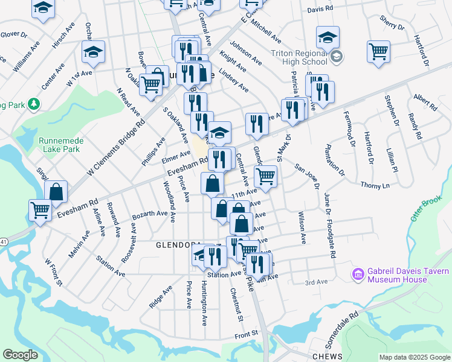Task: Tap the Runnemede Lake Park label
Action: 59,144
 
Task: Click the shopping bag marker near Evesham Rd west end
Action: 56,192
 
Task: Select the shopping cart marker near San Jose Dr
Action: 265,176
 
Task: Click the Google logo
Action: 20,355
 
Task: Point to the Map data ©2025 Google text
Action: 415,357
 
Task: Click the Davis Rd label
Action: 320,9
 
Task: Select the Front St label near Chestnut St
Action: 247,332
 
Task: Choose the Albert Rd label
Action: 425,102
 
